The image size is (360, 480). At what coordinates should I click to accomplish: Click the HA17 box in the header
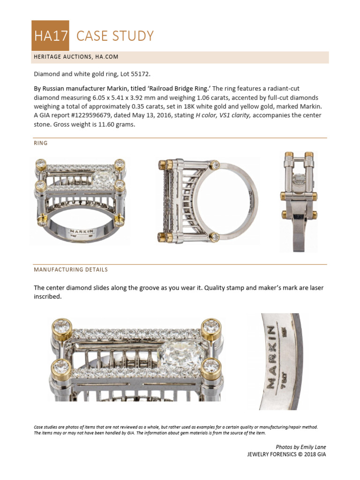(x=50, y=36)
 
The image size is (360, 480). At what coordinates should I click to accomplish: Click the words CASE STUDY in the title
(x=115, y=36)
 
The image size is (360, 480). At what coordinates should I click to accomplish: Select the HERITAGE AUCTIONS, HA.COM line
(x=76, y=57)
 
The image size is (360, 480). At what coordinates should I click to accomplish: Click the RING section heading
(x=40, y=143)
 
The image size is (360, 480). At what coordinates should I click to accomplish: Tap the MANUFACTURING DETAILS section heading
(x=71, y=270)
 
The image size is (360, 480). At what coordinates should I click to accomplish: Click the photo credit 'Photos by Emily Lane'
(x=300, y=447)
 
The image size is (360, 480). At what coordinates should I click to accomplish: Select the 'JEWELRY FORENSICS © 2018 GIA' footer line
(x=286, y=454)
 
